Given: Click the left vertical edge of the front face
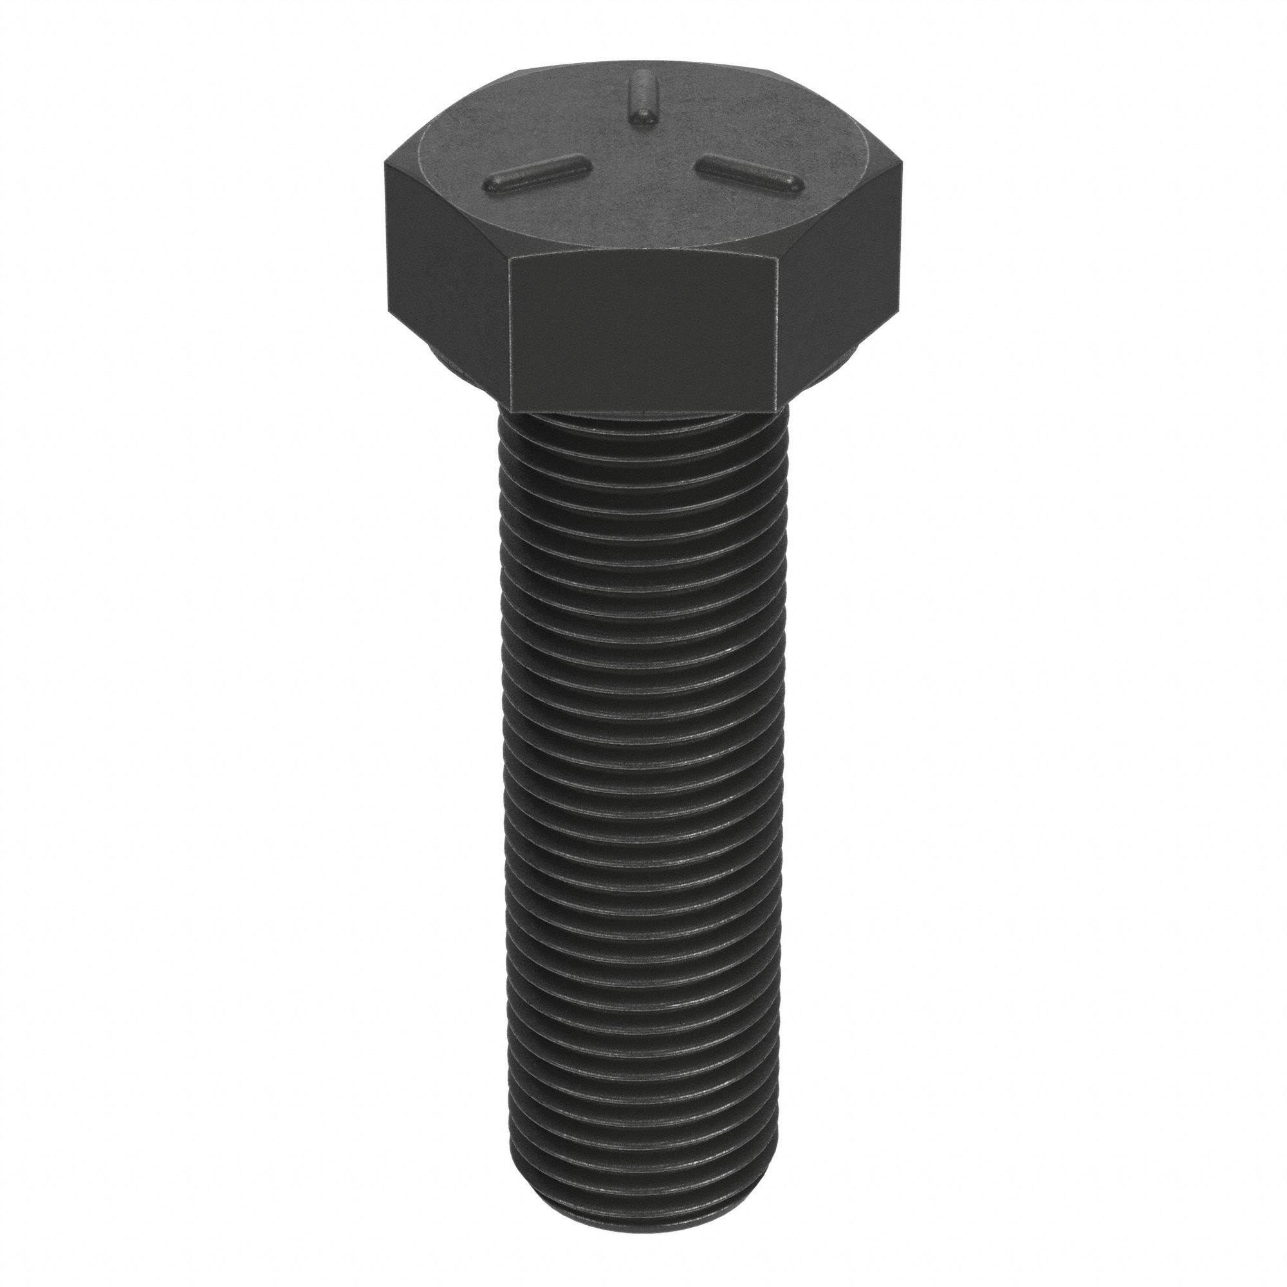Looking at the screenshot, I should click(x=508, y=333).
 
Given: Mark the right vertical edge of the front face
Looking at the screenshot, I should click(x=778, y=333).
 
